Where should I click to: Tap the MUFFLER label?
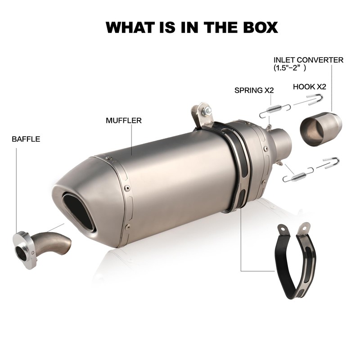pos(124,121)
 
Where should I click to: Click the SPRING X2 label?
pos(254,90)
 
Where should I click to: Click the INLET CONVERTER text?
pos(309,60)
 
